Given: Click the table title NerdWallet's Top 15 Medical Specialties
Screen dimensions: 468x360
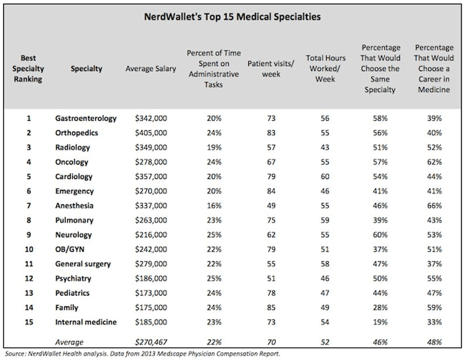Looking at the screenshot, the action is (x=232, y=16).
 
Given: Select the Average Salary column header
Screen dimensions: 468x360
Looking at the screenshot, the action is (x=151, y=69).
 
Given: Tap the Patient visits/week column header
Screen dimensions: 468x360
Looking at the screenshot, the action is (x=271, y=69).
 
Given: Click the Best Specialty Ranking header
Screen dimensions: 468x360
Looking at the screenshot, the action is (x=28, y=68).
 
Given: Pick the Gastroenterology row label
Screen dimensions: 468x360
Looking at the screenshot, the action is (x=86, y=118).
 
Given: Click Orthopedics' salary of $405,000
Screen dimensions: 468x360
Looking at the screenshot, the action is (x=151, y=133).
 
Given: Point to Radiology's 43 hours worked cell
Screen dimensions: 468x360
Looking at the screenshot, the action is (x=325, y=147).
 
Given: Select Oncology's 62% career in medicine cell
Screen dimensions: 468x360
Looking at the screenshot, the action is (x=434, y=162).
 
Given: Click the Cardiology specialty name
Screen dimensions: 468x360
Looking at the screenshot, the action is (x=74, y=177).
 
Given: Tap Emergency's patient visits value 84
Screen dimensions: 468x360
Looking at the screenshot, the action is (x=271, y=191).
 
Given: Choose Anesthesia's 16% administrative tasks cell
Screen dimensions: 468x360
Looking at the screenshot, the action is (x=214, y=206).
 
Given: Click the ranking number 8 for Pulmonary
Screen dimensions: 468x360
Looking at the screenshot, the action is (x=29, y=220).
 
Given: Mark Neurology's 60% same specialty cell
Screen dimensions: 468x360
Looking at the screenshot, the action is (x=380, y=235).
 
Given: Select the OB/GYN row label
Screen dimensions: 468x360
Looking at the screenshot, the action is (x=70, y=249).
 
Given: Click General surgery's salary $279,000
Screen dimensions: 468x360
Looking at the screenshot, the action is (x=151, y=264).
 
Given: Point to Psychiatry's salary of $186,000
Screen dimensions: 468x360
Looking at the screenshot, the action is (x=151, y=279).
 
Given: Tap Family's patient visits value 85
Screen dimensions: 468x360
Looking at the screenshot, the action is (x=271, y=308).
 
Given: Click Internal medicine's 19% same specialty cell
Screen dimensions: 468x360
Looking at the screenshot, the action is (x=380, y=322).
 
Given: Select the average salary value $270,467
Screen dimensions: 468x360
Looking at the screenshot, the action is (x=151, y=342).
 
